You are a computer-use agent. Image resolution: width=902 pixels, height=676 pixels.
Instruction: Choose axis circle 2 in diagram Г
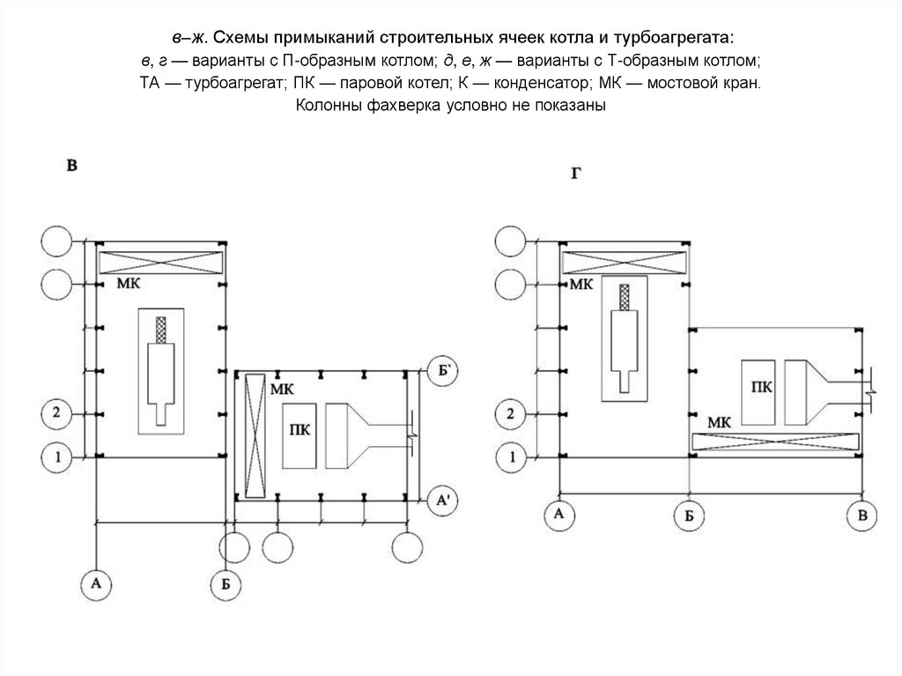pos(508,412)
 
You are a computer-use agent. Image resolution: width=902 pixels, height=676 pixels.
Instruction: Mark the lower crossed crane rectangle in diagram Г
pos(775,443)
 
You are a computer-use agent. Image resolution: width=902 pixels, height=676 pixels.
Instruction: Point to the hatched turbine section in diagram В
pos(160,331)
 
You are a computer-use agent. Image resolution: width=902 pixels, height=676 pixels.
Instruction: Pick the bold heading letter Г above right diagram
pos(575,174)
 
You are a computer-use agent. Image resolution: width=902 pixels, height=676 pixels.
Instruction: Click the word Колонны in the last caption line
pos(327,106)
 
